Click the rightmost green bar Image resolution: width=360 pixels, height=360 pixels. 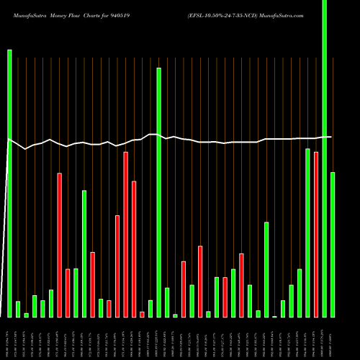(x=333, y=245)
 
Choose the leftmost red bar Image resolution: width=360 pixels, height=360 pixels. (x=60, y=245)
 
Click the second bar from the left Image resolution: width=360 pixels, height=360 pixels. (x=18, y=309)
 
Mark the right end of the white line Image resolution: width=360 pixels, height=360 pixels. (x=331, y=136)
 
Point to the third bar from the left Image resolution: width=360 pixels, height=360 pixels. (x=26, y=315)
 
